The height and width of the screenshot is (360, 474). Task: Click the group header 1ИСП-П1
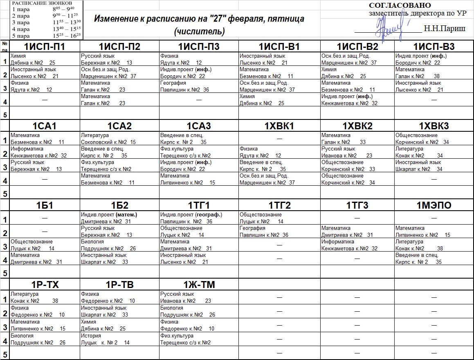coord(45,47)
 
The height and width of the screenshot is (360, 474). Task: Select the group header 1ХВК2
coord(357,126)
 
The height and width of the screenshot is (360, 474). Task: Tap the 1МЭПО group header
coord(434,205)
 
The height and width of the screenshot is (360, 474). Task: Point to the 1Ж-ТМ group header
coord(199,285)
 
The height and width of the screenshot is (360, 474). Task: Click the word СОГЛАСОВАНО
coord(400,5)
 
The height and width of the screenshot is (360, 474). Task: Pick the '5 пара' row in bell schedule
coord(46,36)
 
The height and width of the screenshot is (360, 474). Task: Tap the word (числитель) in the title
coord(199,32)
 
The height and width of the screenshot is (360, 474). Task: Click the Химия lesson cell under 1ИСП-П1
coord(45,59)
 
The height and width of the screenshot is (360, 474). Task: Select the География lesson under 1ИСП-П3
coord(199,86)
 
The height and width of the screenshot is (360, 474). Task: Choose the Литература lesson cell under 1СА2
coord(119,139)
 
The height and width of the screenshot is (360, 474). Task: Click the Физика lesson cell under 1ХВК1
coord(279,152)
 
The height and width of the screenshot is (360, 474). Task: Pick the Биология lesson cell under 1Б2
coord(119,245)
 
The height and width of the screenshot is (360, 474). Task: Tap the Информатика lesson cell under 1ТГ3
coord(357,245)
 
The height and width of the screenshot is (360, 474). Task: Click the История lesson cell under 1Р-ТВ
coord(119,339)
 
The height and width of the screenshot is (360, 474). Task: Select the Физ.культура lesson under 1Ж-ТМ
coord(199,339)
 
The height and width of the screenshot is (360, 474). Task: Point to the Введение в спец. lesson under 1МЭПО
coord(434,258)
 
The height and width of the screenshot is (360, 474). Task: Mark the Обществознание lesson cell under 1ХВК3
coord(434,139)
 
